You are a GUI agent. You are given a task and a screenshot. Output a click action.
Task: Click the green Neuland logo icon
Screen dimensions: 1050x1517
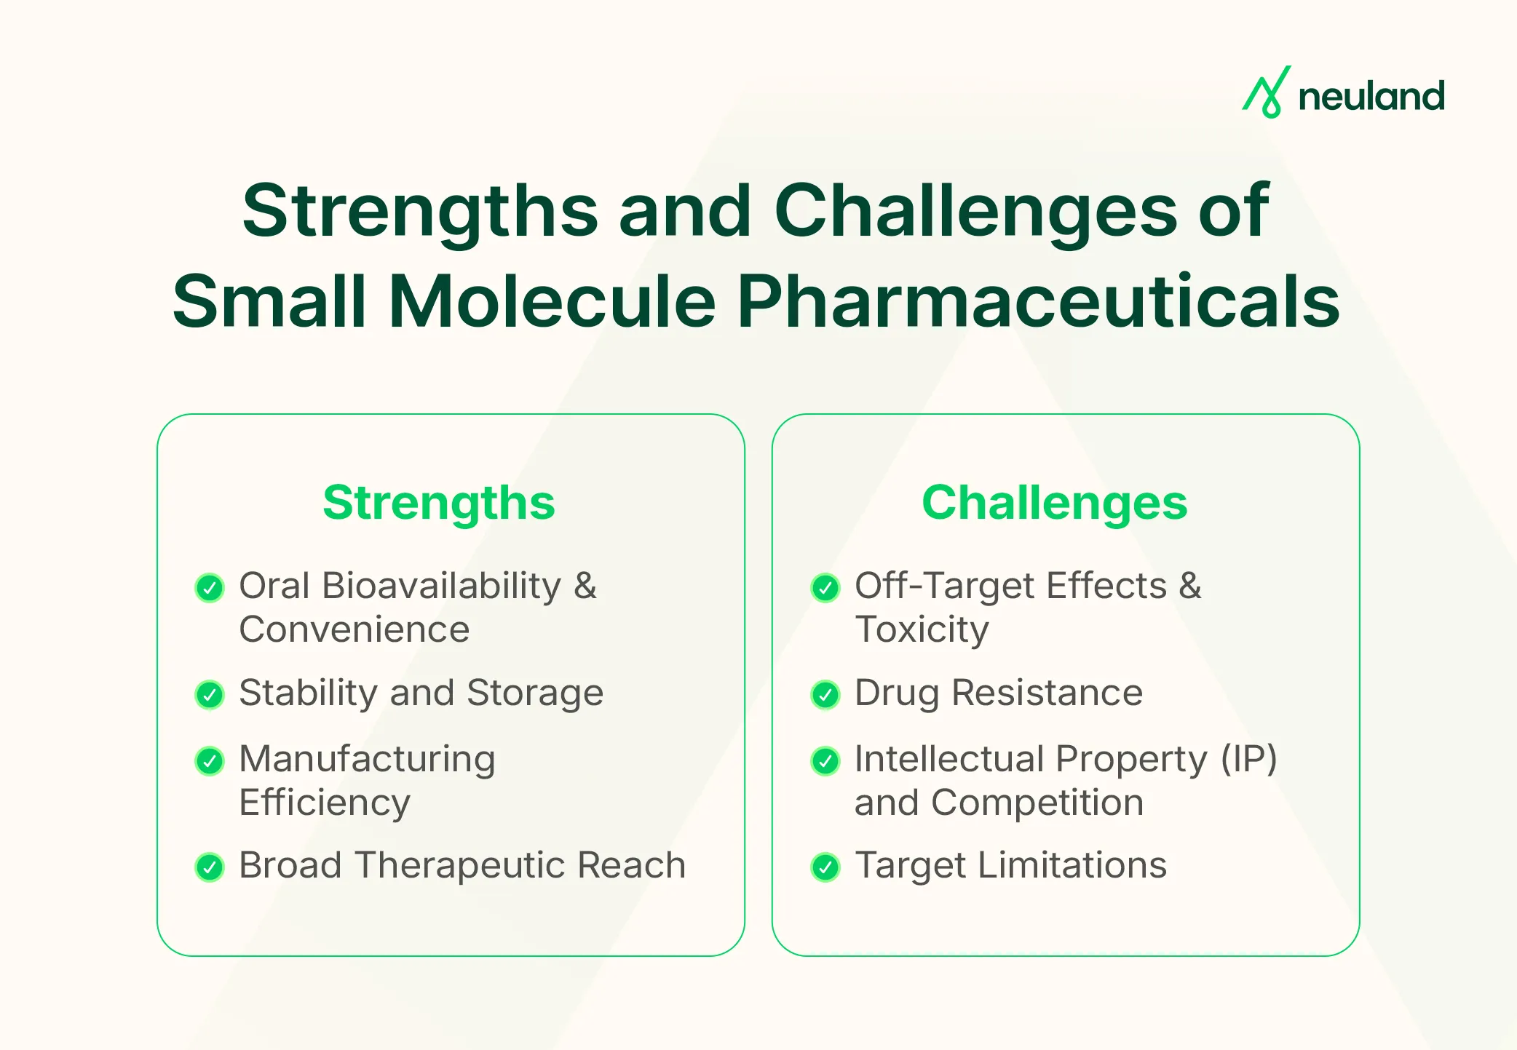point(1266,92)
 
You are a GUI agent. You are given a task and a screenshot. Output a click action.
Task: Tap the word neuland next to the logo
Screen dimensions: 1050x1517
point(1371,97)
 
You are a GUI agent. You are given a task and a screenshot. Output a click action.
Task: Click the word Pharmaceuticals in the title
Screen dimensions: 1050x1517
point(1038,301)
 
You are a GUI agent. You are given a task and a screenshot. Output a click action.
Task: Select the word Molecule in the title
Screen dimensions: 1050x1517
point(552,301)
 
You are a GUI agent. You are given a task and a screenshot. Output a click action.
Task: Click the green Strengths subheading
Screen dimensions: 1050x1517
point(439,503)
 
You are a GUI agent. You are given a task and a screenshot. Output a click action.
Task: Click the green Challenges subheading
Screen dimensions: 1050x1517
point(1054,503)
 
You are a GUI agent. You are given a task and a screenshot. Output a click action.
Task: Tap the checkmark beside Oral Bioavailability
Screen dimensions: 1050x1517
point(210,588)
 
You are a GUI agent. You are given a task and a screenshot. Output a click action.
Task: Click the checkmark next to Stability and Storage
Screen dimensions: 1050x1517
point(210,695)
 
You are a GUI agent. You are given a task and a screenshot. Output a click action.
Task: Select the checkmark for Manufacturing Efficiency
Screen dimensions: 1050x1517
point(210,761)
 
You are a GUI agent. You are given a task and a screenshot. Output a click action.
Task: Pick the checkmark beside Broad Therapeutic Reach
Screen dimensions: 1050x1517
point(210,867)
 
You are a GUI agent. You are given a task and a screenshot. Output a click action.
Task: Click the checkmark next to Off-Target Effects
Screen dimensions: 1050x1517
point(825,588)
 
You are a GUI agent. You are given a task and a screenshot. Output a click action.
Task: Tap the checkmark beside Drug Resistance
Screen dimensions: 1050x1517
point(825,695)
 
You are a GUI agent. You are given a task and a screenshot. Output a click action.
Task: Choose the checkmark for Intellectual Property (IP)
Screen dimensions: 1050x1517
point(825,761)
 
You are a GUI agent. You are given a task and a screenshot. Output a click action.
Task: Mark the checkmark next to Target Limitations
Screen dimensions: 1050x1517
point(825,867)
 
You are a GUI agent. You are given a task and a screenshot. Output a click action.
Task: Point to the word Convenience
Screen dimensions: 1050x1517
point(355,629)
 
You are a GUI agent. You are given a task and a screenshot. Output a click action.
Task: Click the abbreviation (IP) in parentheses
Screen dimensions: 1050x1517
point(1248,759)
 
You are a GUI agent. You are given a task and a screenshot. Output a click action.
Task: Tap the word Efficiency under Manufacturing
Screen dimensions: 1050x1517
point(325,803)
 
